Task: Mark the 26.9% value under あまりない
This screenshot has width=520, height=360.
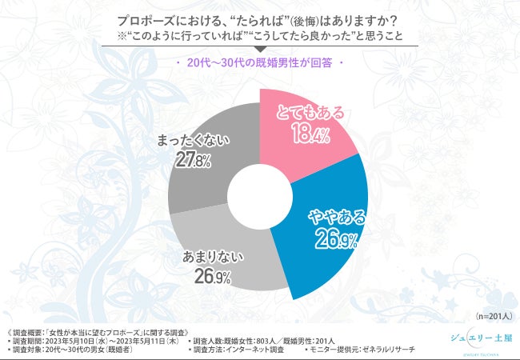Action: click(212, 278)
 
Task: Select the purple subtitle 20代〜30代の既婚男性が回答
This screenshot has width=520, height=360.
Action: click(261, 63)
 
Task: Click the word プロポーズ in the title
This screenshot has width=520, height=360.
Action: click(152, 19)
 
